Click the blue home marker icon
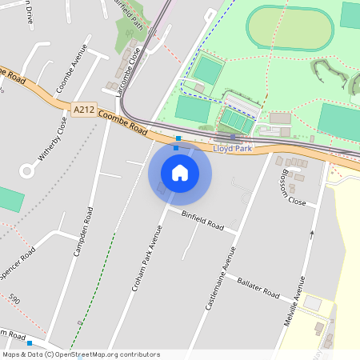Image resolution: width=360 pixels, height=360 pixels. pos(180,173)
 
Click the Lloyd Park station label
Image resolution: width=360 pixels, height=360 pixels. pos(232,148)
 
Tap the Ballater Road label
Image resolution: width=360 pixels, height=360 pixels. pos(258,289)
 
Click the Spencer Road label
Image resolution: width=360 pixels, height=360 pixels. pos(18,262)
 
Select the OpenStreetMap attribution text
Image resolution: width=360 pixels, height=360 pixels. pos(81,354)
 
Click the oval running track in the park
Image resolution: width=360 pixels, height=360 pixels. pos(289,29)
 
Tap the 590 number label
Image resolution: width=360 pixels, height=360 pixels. pos(14,298)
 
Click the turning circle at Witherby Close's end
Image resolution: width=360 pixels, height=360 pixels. pos(28,170)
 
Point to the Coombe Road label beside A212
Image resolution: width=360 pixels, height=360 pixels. pos(123,123)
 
